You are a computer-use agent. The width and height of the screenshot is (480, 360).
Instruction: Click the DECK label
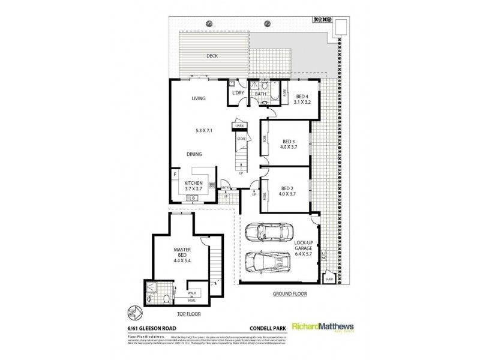click(x=211, y=56)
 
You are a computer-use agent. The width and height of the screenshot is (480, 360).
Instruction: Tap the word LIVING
click(x=199, y=98)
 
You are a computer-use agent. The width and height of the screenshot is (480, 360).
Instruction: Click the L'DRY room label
click(x=238, y=93)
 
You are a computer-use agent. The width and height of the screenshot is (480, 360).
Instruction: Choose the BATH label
click(x=260, y=94)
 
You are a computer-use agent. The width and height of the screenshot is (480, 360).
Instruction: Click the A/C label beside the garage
click(x=323, y=255)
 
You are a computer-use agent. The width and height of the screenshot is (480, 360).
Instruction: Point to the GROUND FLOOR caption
click(x=290, y=294)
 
